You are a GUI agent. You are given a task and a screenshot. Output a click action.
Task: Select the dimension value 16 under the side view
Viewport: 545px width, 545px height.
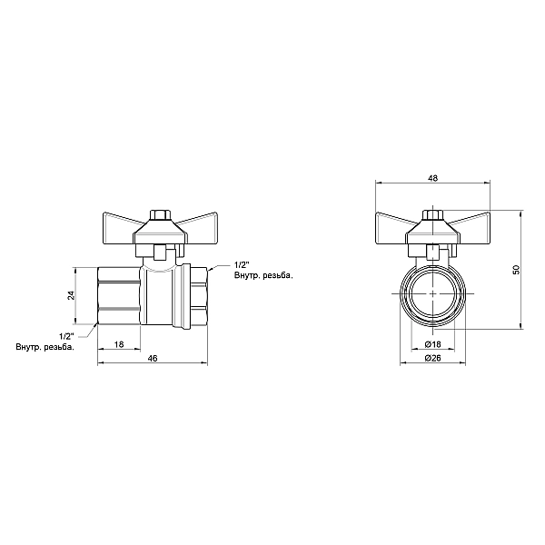[119, 344]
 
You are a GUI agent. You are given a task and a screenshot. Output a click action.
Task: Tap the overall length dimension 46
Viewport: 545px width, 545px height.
[153, 361]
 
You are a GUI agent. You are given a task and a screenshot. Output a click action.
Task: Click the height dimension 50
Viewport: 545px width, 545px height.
[516, 270]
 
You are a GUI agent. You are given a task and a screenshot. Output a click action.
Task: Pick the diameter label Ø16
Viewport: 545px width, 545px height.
[432, 345]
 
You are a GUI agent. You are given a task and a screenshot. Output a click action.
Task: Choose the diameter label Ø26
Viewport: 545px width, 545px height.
[432, 361]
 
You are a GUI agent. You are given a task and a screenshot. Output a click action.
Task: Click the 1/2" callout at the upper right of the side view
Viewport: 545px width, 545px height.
[241, 263]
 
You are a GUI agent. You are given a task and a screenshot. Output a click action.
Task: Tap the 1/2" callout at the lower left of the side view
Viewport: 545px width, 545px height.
[64, 336]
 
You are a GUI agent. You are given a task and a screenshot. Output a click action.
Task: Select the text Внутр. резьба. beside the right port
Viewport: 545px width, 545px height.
[263, 275]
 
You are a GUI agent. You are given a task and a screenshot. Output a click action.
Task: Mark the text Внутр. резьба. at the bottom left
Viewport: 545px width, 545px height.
[45, 348]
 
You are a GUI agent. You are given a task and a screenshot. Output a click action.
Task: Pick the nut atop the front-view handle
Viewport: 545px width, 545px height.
[433, 216]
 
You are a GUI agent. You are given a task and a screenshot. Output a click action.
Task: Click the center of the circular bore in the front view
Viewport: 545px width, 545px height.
[433, 295]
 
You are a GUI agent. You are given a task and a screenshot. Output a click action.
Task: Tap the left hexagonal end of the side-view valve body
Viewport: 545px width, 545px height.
[117, 295]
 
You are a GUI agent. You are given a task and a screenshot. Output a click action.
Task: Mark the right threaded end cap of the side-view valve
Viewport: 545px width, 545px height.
[193, 295]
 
